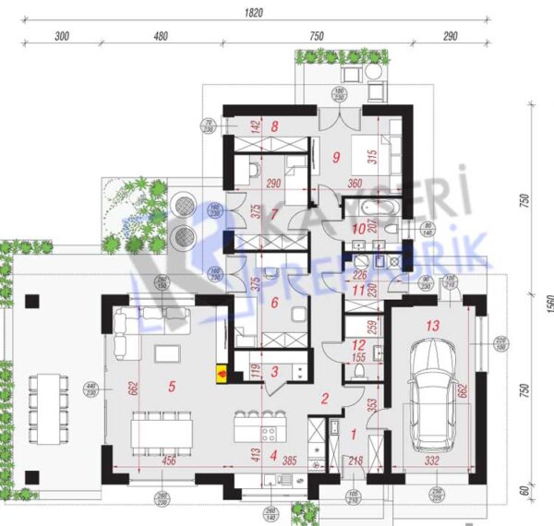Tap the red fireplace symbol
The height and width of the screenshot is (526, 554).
pyautogui.click(x=222, y=373)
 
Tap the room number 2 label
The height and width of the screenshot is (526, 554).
pyautogui.click(x=324, y=400)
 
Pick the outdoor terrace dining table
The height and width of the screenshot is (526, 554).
pyautogui.click(x=45, y=399)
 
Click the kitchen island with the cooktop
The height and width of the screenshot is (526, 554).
pyautogui.click(x=258, y=426)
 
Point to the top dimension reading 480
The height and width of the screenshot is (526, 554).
pyautogui.click(x=161, y=37)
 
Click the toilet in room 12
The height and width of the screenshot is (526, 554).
pyautogui.click(x=360, y=372)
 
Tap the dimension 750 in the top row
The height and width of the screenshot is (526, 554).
pyautogui.click(x=317, y=37)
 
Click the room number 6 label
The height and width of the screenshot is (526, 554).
pyautogui.click(x=273, y=302)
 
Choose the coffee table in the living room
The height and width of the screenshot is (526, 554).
pyautogui.click(x=167, y=353)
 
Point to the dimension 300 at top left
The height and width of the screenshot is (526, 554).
pyautogui.click(x=63, y=37)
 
